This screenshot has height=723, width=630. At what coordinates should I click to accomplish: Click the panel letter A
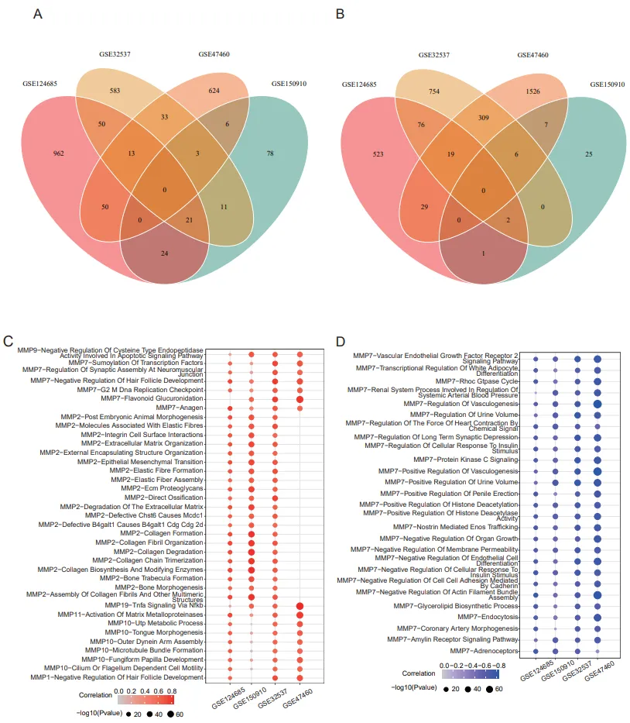(36, 14)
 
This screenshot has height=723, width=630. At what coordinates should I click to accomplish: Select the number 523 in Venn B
(378, 153)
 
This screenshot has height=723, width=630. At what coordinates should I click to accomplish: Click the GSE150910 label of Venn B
(608, 84)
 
